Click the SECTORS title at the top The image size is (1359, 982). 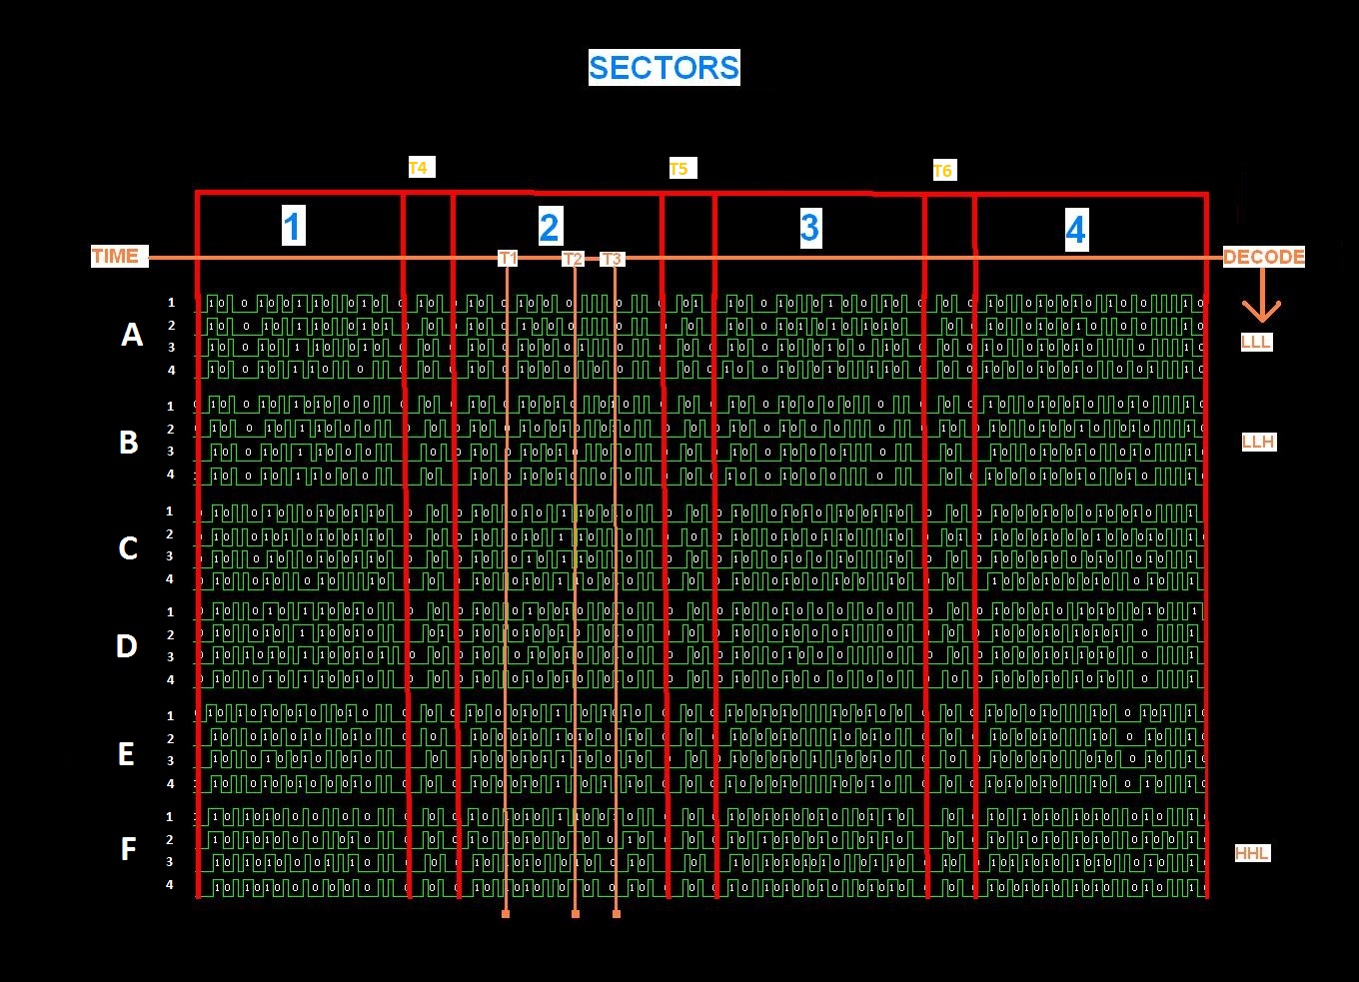pos(664,68)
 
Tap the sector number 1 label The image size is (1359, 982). pos(292,227)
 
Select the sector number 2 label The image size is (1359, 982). pos(549,228)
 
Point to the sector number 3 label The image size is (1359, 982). pos(809,229)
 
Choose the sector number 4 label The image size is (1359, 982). pos(1075,231)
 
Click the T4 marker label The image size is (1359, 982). pos(418,168)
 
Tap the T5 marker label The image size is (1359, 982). pos(679,169)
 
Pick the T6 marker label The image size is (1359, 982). pos(942,172)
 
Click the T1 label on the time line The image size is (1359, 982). pos(508,259)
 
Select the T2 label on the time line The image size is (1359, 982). pos(573,260)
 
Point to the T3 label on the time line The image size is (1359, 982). pos(612,260)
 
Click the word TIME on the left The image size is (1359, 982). pos(116,256)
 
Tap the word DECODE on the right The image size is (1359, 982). pos(1264,257)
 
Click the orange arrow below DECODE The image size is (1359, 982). pos(1262,300)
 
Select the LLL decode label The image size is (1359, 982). pos(1256,342)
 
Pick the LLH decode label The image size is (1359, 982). pos(1259,442)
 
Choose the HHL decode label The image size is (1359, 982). pos(1252,853)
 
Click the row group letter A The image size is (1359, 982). pos(131,336)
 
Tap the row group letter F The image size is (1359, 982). pos(128,849)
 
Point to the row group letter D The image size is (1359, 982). pos(127,646)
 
